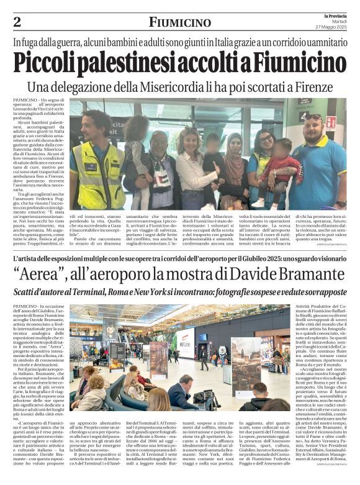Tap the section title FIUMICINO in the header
point(179,23)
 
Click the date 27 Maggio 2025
point(330,26)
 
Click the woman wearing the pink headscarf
point(236,168)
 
